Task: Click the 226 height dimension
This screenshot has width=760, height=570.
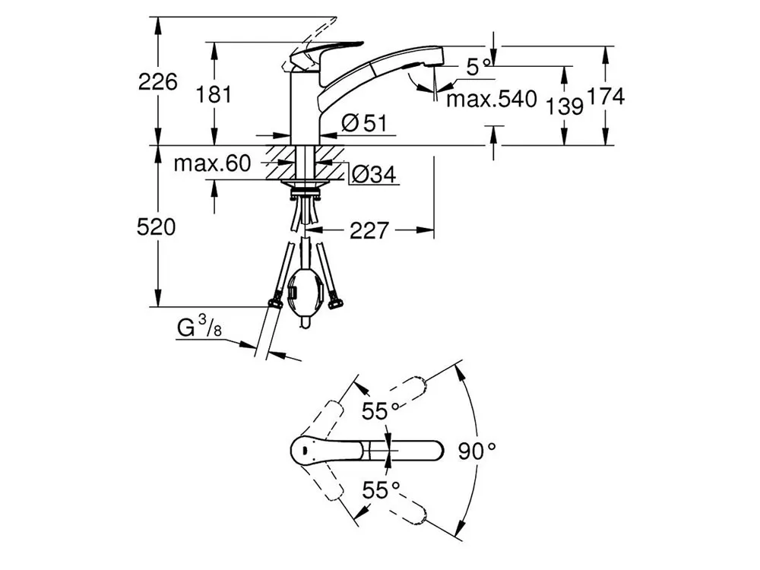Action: coord(157,81)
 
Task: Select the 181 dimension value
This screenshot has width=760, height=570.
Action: coord(214,94)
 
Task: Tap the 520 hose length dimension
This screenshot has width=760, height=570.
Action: coord(156,226)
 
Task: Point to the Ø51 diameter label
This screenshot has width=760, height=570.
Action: coord(365,123)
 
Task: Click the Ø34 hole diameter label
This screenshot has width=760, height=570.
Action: coord(374,174)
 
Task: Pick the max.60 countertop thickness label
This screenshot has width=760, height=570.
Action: coord(213,163)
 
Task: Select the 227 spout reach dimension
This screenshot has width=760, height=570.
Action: coord(369,231)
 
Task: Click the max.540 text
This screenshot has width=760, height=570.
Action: coord(492,99)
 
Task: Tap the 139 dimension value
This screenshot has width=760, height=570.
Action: coord(565,106)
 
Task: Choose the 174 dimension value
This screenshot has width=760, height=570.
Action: coord(606,97)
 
